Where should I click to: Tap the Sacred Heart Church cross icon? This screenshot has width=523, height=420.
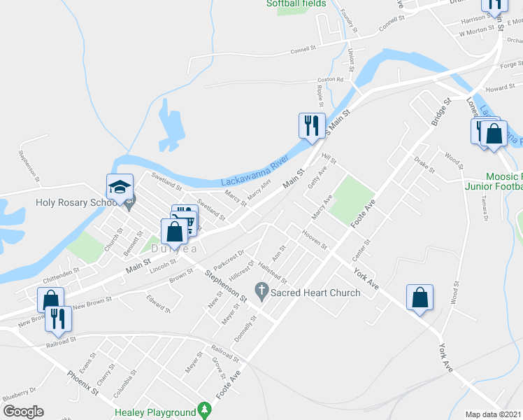click(x=262, y=289)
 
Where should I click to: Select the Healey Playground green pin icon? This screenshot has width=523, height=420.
click(x=204, y=409)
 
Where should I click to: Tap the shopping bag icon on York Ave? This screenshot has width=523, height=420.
click(x=420, y=297)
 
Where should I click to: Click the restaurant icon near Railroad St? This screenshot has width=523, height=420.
click(x=58, y=319)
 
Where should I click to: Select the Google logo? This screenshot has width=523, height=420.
click(x=23, y=412)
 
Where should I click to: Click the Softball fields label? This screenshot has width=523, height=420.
click(x=296, y=3)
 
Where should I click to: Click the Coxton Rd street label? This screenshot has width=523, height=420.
click(x=330, y=80)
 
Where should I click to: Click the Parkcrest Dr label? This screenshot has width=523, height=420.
click(x=230, y=262)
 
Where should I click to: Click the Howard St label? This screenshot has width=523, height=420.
click(x=501, y=89)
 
